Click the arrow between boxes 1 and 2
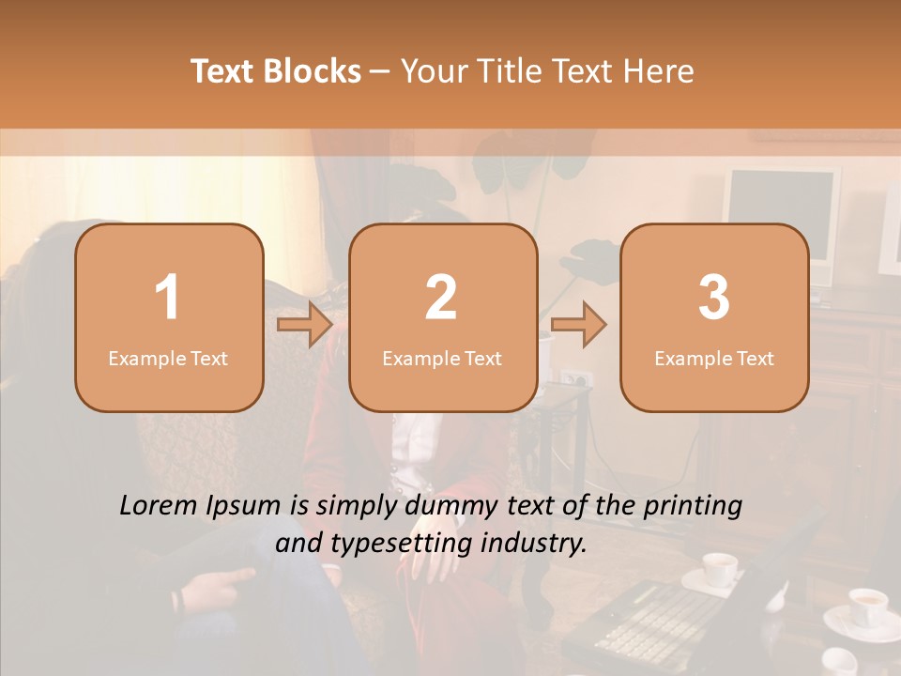pyautogui.click(x=305, y=325)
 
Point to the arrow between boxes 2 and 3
pyautogui.click(x=578, y=325)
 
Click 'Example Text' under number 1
pyautogui.click(x=168, y=358)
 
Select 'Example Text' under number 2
pyautogui.click(x=442, y=358)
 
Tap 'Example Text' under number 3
pyautogui.click(x=714, y=358)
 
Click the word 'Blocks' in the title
pyautogui.click(x=313, y=70)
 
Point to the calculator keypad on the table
pyautogui.click(x=657, y=620)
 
